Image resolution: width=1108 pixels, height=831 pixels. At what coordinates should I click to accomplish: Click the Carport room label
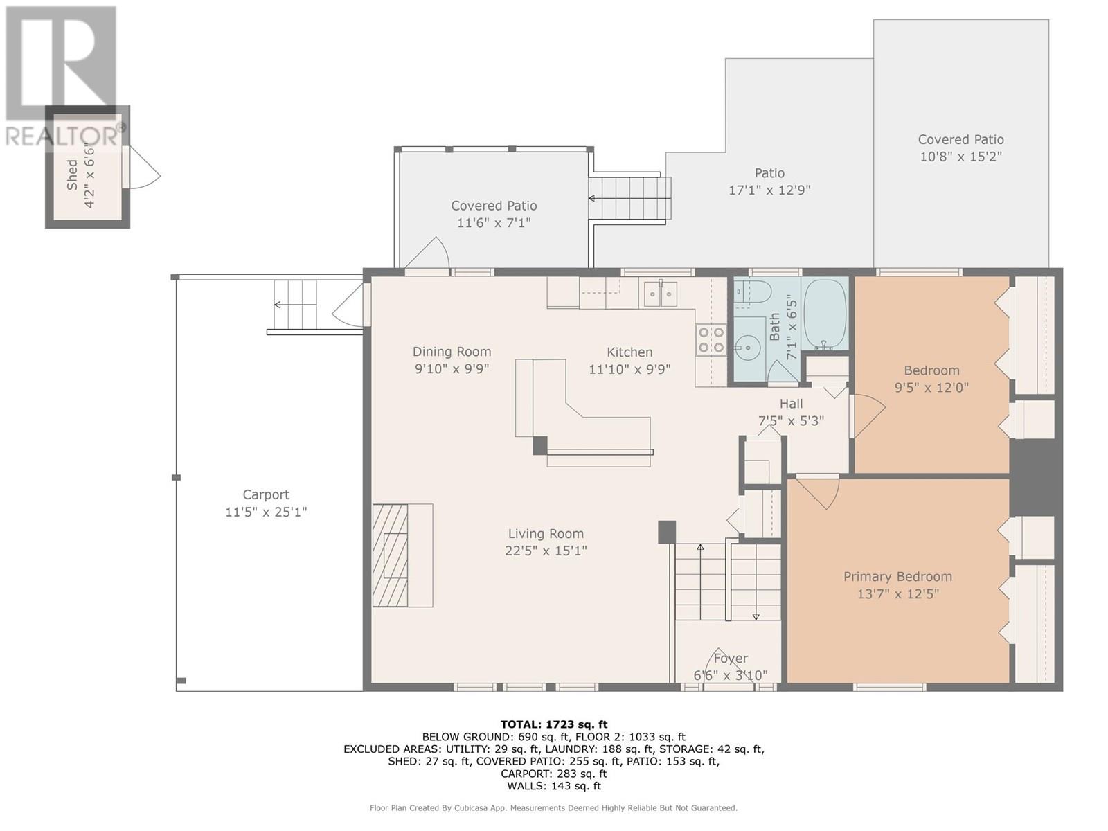pos(266,494)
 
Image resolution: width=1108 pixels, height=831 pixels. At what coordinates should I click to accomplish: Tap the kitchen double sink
pos(660,294)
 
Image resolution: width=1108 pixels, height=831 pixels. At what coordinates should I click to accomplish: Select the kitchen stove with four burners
pos(711,340)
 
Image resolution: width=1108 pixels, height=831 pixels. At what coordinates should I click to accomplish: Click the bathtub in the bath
pos(825,315)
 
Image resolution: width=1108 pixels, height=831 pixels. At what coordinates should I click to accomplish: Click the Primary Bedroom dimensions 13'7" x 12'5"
pos(897,593)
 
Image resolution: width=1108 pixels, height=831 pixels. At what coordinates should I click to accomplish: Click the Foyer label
pos(731,659)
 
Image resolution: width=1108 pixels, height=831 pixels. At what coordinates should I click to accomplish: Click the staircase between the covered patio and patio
pos(629,198)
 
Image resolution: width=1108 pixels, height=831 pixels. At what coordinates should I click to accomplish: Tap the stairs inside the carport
pos(296,305)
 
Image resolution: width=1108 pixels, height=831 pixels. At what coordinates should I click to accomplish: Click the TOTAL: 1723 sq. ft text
pos(554,724)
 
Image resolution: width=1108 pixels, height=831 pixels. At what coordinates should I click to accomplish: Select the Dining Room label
pos(452,352)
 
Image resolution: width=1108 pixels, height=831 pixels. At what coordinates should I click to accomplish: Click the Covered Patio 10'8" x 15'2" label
pos(960,148)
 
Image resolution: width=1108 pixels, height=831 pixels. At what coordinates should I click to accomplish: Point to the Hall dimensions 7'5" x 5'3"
pos(791,420)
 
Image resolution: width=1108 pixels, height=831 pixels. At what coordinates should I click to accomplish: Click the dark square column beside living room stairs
pos(666,532)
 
